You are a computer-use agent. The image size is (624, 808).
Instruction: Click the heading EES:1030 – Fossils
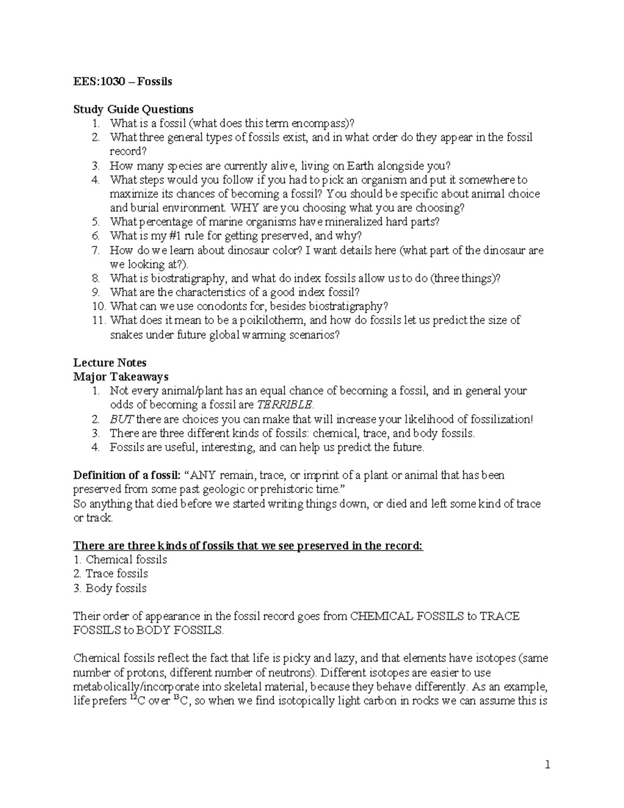123,81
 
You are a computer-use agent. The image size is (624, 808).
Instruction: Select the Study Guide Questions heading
133,109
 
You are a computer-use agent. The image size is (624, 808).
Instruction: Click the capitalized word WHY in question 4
245,208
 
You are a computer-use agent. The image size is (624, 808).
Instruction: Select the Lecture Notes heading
110,363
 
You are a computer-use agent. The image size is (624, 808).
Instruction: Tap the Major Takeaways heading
121,377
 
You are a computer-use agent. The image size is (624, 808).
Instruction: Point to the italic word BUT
119,419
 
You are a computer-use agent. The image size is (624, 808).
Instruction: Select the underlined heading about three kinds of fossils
248,546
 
